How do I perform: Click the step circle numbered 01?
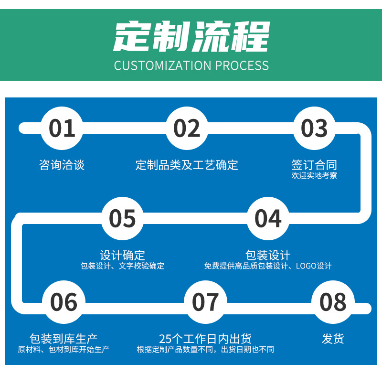point(62,128)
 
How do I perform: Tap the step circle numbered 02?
point(187,128)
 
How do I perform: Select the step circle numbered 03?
point(314,128)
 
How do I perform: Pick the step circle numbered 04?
point(268,218)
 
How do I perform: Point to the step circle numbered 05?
point(123,218)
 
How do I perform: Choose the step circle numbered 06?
point(64,302)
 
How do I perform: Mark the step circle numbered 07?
point(205,302)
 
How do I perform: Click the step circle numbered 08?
point(333,302)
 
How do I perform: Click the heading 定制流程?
point(191,37)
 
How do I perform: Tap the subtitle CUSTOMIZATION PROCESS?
point(191,65)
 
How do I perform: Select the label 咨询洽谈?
point(62,165)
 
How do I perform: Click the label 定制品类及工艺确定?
point(187,165)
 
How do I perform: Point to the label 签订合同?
point(314,165)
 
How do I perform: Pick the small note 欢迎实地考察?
point(314,176)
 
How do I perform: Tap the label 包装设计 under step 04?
point(268,255)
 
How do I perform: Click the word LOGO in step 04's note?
point(306,266)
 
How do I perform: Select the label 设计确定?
point(122,255)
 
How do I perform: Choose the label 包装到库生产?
point(64,339)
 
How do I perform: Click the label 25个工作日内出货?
point(205,339)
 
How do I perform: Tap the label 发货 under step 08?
point(333,339)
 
